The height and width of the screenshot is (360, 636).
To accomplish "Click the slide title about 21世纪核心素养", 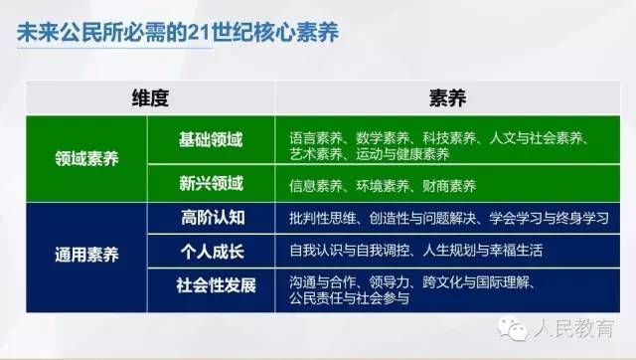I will click(178, 31).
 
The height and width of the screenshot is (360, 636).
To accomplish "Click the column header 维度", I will click(150, 97).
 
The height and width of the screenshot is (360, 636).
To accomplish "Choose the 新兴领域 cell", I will click(210, 184).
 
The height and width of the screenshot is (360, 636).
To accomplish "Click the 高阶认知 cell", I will click(210, 217).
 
